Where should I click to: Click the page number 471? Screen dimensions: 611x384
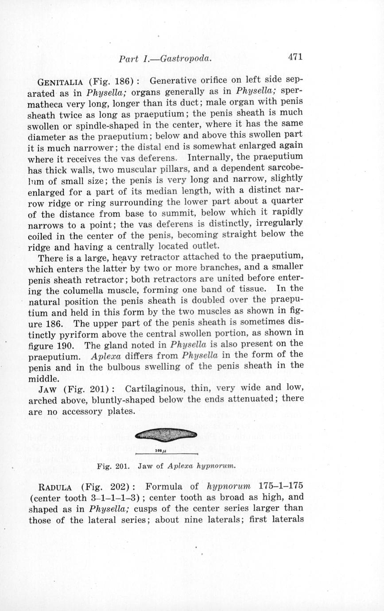point(295,57)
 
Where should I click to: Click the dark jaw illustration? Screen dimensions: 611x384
point(166,435)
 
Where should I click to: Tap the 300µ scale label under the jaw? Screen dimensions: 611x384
point(160,451)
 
